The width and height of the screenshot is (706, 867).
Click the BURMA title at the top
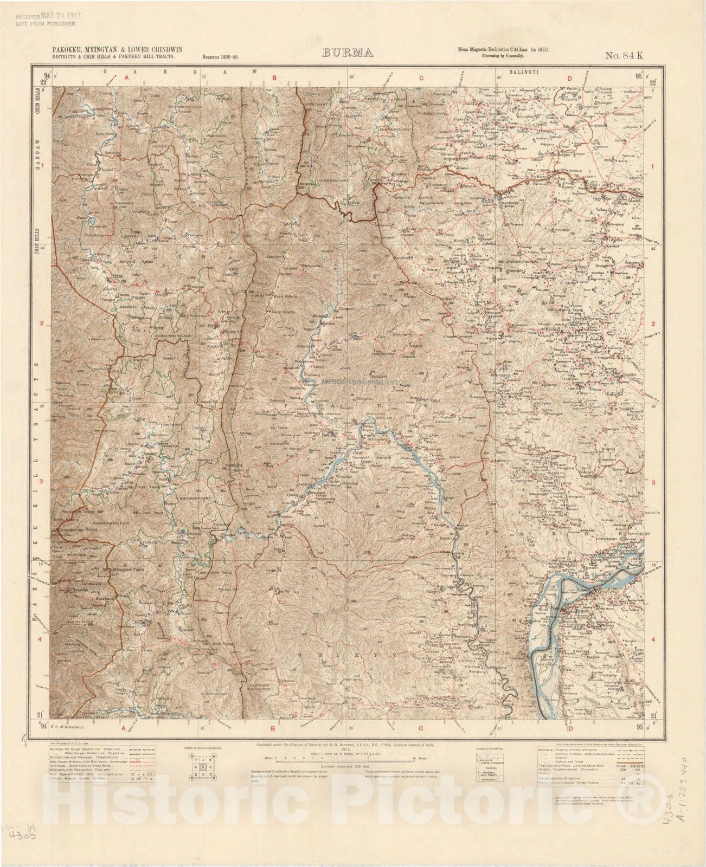[x=347, y=53]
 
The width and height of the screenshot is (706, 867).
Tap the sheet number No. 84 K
[x=624, y=54]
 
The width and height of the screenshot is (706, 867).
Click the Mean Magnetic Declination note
[x=504, y=50]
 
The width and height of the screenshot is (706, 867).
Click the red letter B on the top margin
[x=274, y=78]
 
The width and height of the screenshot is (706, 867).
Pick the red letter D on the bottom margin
[x=569, y=728]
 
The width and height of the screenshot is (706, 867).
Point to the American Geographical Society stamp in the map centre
[x=360, y=382]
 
